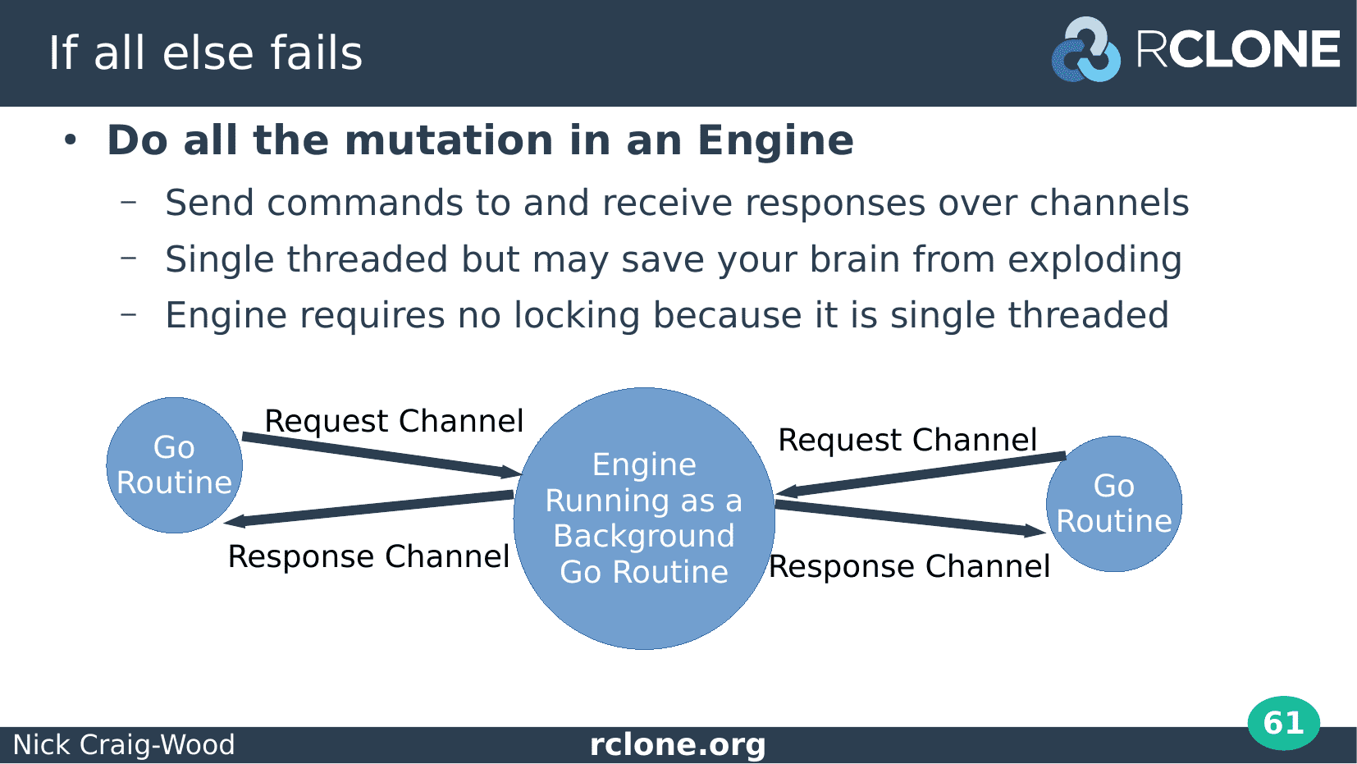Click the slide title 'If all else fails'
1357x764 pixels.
(x=205, y=53)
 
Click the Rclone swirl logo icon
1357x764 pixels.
(x=1086, y=50)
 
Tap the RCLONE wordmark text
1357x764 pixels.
(x=1238, y=49)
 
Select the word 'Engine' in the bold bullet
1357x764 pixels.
(x=775, y=140)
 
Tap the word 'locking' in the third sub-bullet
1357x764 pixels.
(x=577, y=316)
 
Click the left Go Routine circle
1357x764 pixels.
(x=175, y=465)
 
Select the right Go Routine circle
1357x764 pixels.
(x=1114, y=504)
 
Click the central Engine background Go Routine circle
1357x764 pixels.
(x=644, y=519)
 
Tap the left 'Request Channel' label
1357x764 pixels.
(x=394, y=421)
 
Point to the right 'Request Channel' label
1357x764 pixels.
(x=907, y=440)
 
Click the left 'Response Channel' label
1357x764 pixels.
(x=368, y=556)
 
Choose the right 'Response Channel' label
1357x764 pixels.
(x=909, y=566)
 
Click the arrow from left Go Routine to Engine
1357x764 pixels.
(x=382, y=455)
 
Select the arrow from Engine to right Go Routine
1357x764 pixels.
(x=911, y=519)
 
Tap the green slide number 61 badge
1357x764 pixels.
(x=1284, y=723)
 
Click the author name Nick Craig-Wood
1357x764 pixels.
(x=124, y=744)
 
